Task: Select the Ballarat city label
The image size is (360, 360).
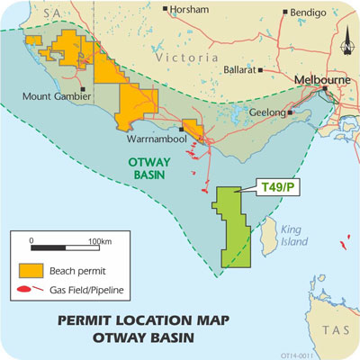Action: coord(239,69)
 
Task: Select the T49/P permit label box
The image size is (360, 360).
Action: coord(274,186)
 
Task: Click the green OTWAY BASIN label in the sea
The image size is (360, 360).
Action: coord(141,167)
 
